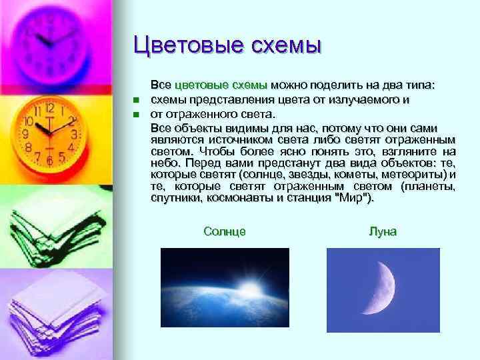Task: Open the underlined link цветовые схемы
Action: tap(221, 86)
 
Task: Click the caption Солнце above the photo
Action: tap(224, 231)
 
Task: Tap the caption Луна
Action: tap(382, 231)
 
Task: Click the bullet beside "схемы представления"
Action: tap(135, 101)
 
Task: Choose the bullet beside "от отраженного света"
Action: tap(135, 114)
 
